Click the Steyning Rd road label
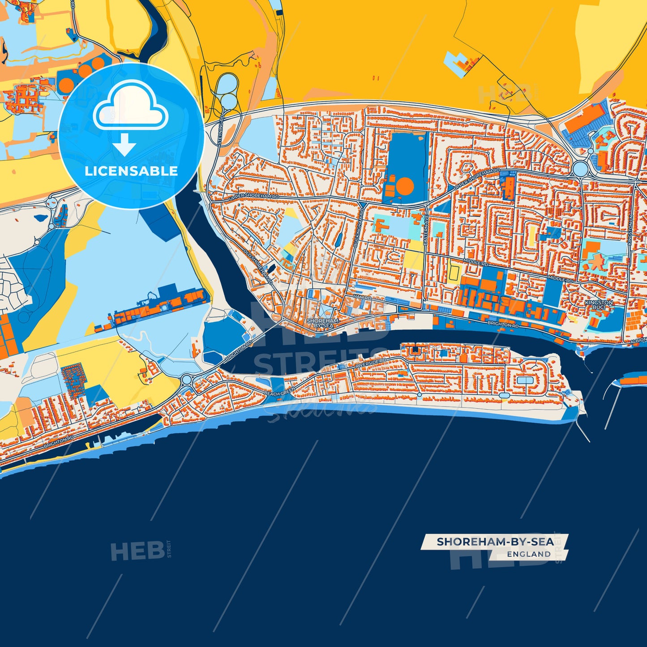220,133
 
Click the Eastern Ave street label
426,232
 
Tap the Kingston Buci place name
599,305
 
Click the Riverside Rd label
370,363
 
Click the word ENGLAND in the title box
529,554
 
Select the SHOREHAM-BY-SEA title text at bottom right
495,542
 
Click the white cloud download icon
130,107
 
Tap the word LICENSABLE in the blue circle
131,171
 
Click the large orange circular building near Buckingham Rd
405,185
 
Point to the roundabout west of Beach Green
187,380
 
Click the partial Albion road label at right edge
639,340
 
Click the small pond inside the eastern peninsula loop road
523,380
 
